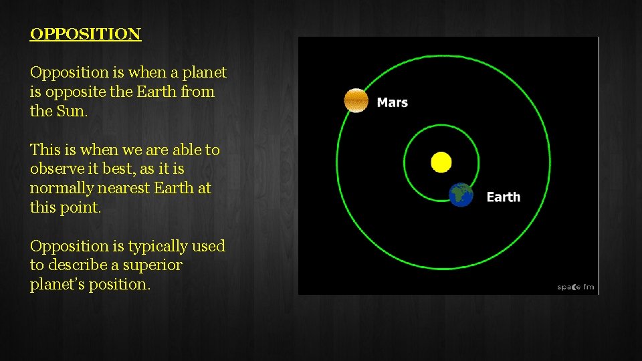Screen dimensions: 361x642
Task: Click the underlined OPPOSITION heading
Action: [86, 34]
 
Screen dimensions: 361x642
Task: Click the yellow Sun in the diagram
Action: [441, 162]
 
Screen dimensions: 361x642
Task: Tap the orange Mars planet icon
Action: [356, 100]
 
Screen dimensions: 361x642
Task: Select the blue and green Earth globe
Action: [461, 195]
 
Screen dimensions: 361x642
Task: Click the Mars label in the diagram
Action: [393, 102]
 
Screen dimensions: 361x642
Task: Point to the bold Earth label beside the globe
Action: [503, 197]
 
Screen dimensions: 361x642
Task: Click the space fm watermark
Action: [575, 287]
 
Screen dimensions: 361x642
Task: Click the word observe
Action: [57, 169]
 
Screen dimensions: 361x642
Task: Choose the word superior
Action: [152, 265]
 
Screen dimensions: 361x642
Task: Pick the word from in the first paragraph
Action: [197, 92]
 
